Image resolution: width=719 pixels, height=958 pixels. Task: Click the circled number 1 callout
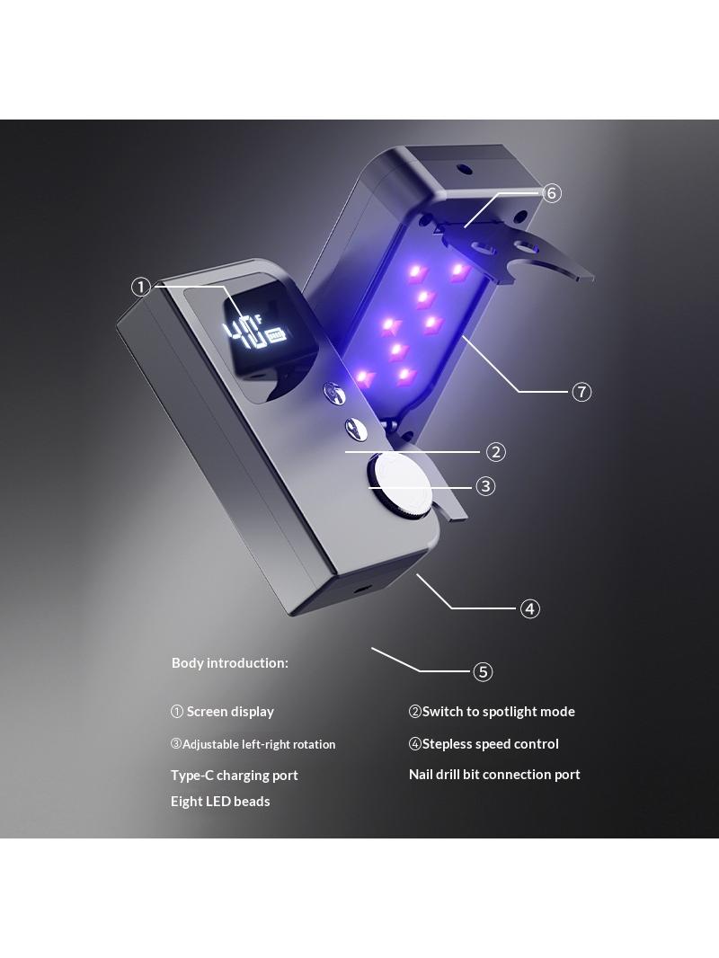point(141,287)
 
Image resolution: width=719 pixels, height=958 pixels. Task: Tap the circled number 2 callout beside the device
point(495,452)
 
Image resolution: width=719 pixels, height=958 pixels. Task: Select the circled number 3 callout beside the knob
point(485,486)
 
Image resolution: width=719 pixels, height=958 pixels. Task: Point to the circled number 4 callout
point(529,609)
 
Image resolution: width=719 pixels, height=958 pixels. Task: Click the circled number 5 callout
point(483,672)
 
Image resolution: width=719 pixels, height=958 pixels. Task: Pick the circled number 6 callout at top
point(551,193)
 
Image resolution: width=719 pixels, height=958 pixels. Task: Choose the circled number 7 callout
point(581,392)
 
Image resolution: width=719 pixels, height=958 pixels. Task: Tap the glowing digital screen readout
point(256,333)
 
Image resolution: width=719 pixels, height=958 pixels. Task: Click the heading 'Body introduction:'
point(230,663)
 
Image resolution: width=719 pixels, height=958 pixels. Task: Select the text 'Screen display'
point(230,712)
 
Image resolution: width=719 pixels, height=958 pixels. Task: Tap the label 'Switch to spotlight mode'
point(499,712)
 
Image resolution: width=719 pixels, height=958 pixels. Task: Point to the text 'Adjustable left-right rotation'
point(259,745)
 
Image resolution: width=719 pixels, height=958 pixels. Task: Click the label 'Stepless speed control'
point(491,744)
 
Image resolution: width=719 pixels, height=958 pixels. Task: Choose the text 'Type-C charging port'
point(235,776)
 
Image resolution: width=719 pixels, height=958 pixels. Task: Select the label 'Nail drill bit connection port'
point(495,775)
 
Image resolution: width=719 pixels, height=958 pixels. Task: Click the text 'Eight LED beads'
point(220,802)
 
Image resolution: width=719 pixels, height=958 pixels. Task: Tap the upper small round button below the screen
point(333,392)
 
